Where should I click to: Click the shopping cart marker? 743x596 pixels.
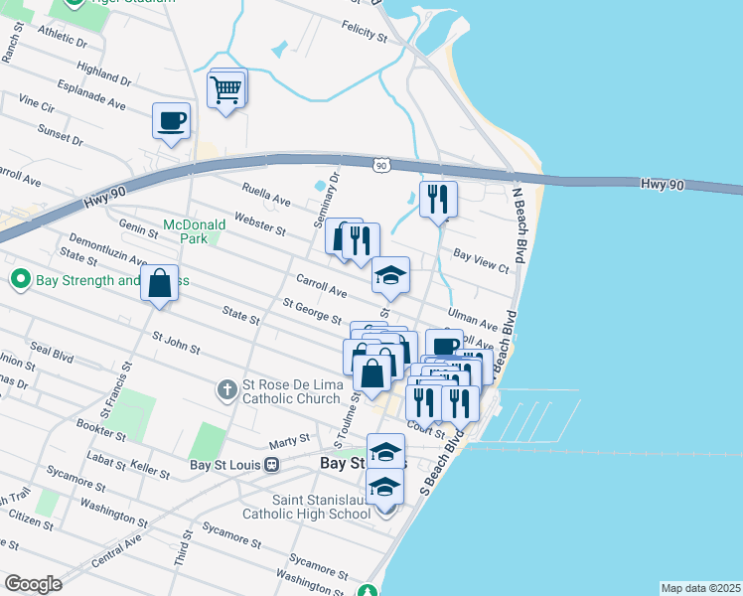point(226,90)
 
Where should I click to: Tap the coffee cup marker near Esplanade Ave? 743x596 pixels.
point(171,122)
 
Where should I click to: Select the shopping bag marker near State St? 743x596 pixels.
point(159,284)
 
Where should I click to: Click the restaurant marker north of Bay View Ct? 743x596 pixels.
point(437,201)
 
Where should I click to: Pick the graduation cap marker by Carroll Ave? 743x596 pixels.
point(390,276)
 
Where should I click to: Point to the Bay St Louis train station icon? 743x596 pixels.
point(270,464)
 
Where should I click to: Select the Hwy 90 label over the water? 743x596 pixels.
point(662,185)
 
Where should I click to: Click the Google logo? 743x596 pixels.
point(33,584)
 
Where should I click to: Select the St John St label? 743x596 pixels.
point(177,344)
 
